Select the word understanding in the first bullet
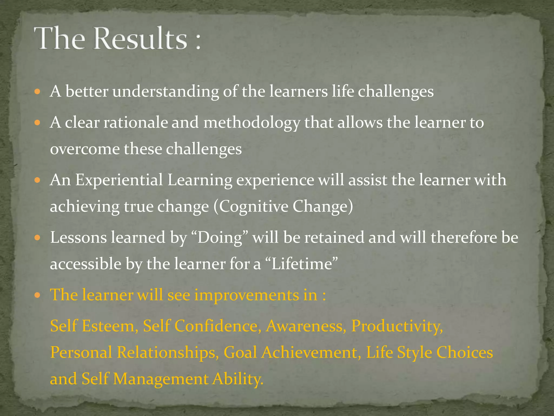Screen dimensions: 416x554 [166, 92]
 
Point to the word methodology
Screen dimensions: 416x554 [252, 122]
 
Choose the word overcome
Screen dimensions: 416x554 [85, 149]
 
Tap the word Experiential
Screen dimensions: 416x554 [119, 180]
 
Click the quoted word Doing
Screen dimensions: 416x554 [220, 238]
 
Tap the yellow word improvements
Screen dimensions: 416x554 [256, 295]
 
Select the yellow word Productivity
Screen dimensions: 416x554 [397, 326]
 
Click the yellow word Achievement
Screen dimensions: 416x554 [311, 352]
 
